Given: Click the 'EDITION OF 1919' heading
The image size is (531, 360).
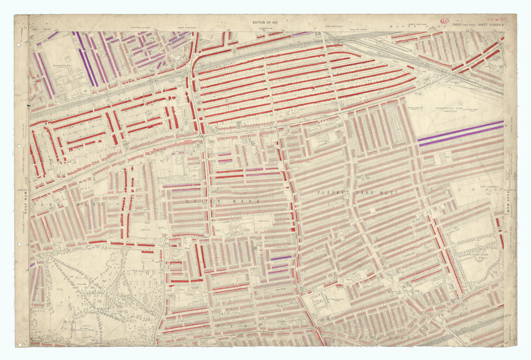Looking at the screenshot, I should point(265,23).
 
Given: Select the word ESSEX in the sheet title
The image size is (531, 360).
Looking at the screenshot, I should point(458,25).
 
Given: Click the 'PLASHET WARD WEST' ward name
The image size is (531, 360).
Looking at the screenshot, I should point(357,192).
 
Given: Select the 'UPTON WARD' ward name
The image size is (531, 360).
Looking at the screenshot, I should point(223,201).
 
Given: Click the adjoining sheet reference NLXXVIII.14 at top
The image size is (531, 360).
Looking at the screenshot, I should point(266,29).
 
